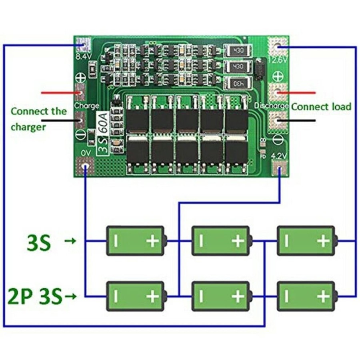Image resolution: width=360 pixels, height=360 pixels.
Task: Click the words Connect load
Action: [321, 107]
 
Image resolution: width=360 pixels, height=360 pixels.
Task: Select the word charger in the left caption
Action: [28, 127]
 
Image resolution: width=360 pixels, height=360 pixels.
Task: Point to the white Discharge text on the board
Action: [271, 106]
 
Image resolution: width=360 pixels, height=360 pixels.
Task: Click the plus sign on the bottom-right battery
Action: [323, 296]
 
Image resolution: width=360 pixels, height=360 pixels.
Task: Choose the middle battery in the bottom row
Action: [221, 296]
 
